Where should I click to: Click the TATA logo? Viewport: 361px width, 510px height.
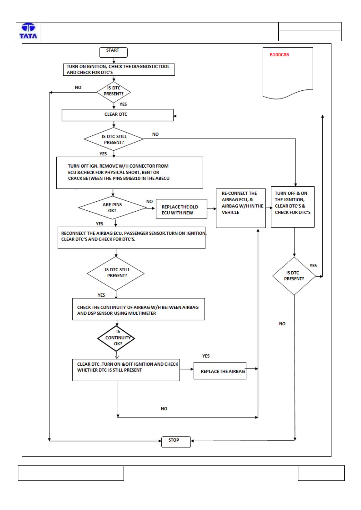28,31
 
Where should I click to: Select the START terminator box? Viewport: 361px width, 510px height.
113,52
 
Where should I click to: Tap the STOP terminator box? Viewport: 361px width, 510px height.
176,442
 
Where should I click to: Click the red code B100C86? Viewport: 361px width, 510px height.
279,55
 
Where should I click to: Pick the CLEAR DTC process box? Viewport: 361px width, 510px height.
118,115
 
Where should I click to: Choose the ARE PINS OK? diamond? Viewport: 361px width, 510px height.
112,208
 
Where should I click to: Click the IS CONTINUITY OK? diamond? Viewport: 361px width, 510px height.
116,338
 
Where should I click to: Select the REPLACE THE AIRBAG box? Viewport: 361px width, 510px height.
220,371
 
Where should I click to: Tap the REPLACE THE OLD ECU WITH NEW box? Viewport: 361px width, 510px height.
181,209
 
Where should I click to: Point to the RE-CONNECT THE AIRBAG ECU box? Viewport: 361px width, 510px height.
241,208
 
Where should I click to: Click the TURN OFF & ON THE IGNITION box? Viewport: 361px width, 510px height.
293,207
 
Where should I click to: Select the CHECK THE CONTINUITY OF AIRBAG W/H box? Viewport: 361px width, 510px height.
138,309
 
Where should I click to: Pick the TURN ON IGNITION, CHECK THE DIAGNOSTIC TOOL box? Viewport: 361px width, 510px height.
119,70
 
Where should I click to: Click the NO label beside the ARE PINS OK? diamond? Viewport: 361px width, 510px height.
149,201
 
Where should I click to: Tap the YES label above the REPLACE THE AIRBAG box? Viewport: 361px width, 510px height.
206,356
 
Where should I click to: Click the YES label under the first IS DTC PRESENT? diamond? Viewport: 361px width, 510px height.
123,104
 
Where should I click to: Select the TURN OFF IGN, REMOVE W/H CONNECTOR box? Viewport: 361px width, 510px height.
130,173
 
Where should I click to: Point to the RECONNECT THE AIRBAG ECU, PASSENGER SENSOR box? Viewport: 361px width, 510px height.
131,238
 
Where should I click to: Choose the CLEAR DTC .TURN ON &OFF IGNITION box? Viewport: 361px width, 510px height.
126,370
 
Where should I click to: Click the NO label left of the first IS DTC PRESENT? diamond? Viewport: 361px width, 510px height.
78,87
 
